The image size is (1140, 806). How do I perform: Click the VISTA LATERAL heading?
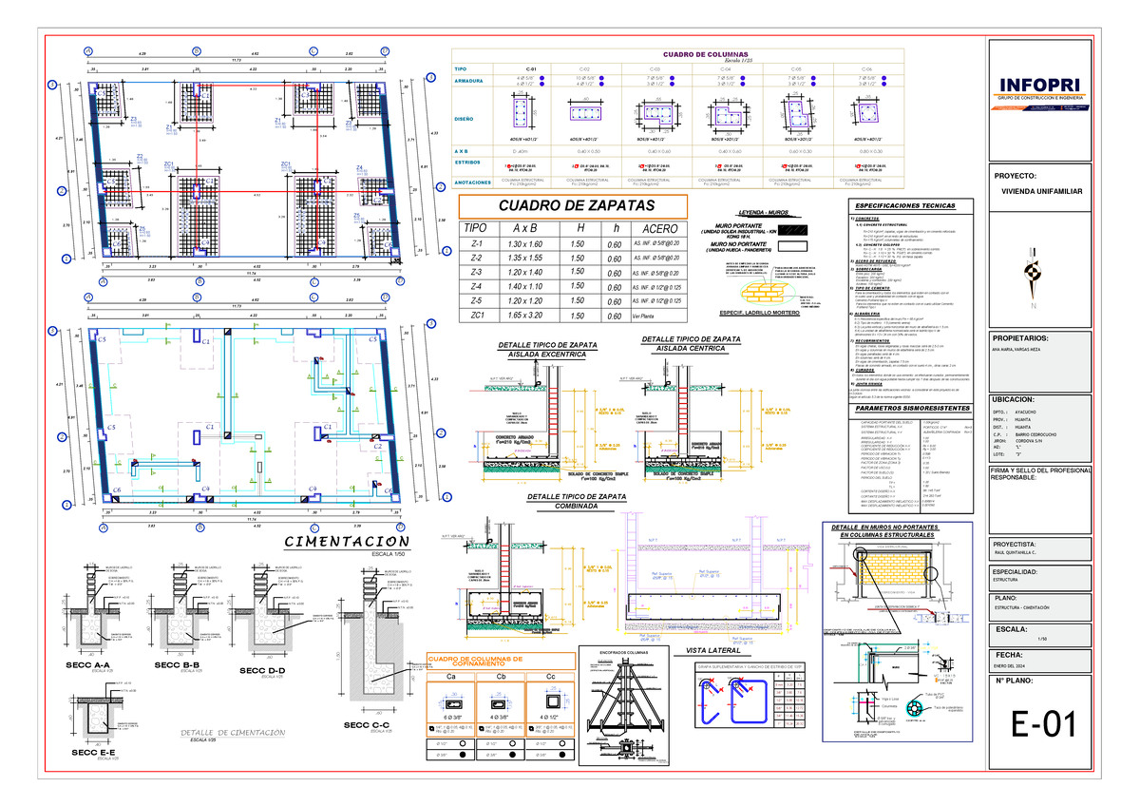pyautogui.click(x=712, y=650)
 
